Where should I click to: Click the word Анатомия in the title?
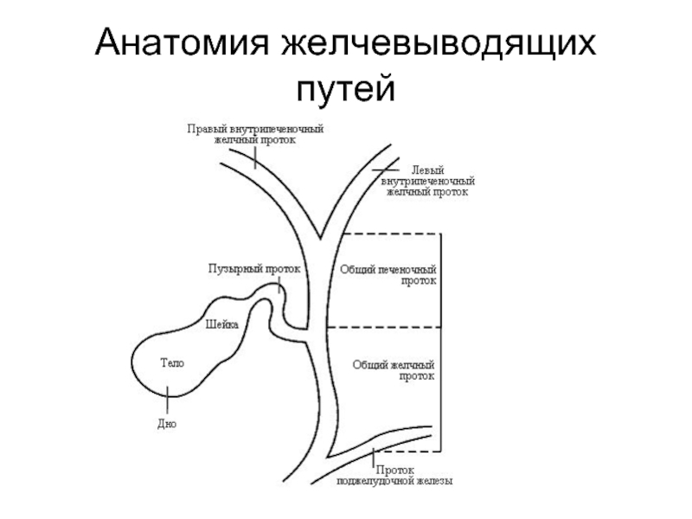click(182, 43)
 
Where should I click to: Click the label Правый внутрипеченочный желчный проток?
click(255, 134)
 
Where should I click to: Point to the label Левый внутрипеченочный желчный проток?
click(427, 181)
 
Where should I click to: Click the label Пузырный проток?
click(254, 268)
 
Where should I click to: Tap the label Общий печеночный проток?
click(388, 274)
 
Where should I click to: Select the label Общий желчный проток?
click(394, 370)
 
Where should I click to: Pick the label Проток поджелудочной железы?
click(394, 475)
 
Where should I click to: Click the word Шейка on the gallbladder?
click(222, 325)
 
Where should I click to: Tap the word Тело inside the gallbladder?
click(172, 362)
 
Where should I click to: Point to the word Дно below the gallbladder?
click(167, 424)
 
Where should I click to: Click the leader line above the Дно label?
click(167, 400)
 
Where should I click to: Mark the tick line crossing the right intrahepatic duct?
click(255, 157)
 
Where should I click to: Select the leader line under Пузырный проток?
click(279, 285)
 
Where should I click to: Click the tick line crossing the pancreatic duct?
click(374, 458)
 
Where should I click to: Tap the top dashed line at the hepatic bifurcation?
click(392, 234)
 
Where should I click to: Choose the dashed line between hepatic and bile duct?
click(384, 327)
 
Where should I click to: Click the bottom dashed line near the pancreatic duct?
click(408, 451)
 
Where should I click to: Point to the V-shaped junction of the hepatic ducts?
click(320, 237)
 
